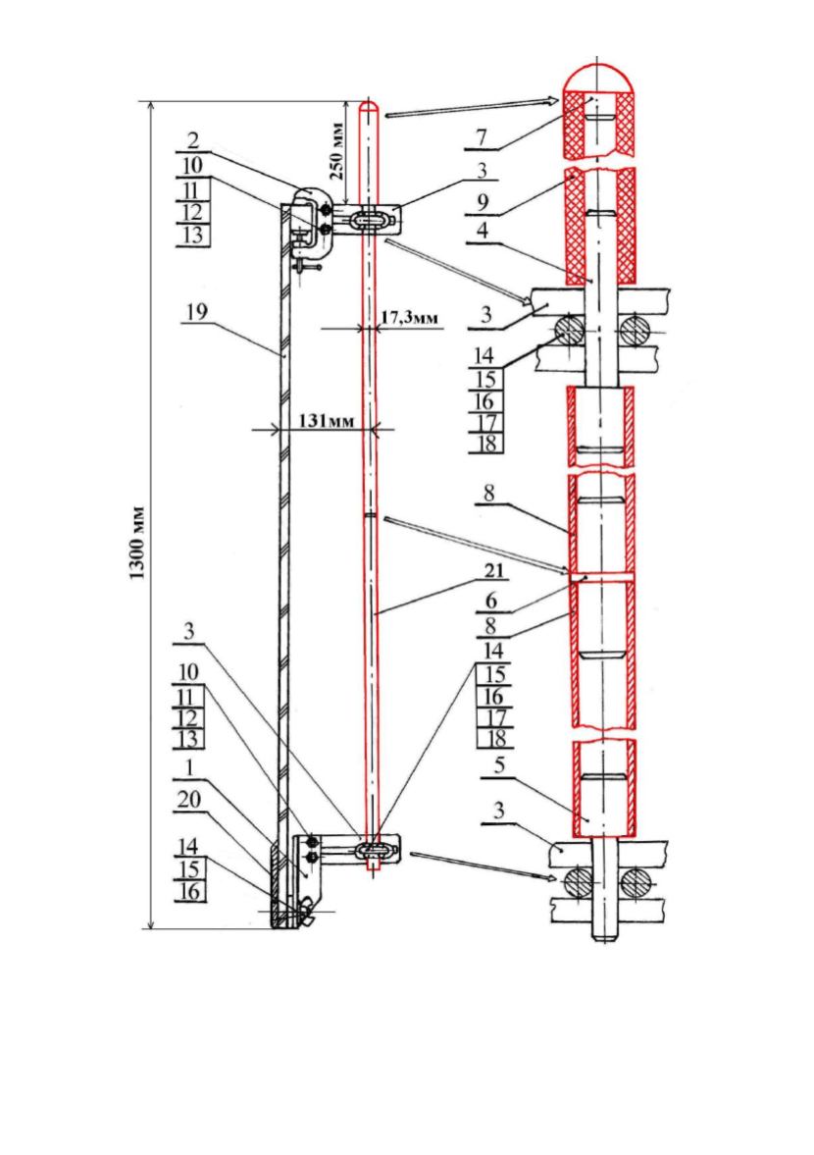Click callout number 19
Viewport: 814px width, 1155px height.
pos(196,312)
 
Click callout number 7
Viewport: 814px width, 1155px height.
pos(482,137)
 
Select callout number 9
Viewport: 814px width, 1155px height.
pos(483,202)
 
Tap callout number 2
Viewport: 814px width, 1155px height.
pos(193,140)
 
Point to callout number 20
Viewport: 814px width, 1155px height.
pos(190,799)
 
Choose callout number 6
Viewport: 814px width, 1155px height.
pos(491,602)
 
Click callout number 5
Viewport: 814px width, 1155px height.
pos(499,766)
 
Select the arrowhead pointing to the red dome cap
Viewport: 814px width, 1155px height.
pos(553,101)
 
